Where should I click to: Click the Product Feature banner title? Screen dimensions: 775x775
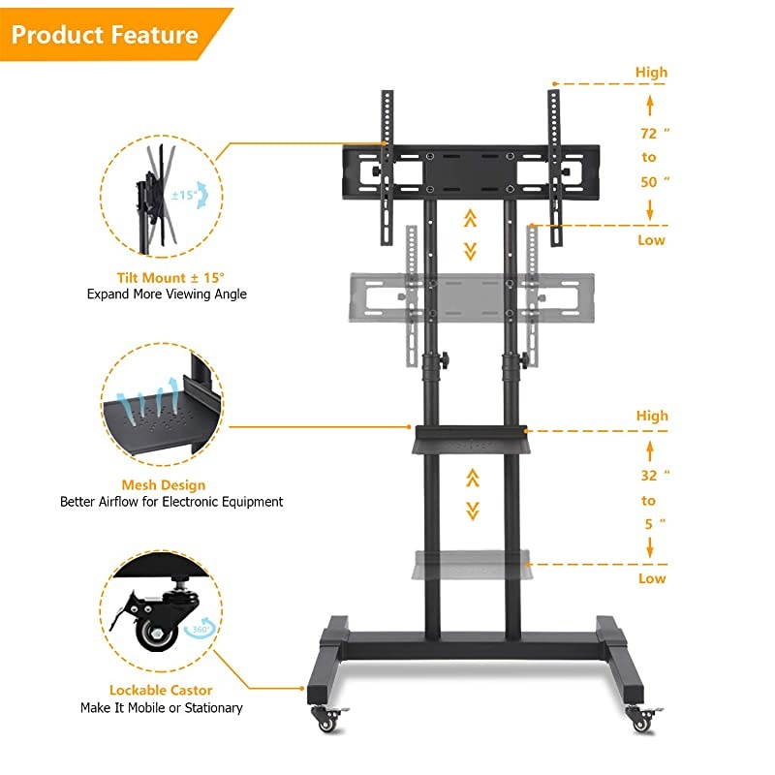105,36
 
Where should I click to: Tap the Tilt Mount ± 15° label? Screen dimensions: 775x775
163,276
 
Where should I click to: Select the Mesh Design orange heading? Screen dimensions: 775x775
163,485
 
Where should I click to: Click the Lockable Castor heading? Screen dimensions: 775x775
162,691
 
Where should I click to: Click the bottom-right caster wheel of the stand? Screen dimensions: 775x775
641,719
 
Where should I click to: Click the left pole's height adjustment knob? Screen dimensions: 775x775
444,362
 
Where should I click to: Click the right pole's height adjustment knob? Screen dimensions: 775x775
528,361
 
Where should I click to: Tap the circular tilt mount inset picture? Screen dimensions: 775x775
162,194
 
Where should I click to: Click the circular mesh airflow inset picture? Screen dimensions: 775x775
162,405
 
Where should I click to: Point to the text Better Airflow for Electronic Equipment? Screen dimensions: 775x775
171,502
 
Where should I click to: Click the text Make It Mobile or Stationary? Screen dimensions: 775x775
162,708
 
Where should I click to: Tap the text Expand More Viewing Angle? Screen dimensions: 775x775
167,294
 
